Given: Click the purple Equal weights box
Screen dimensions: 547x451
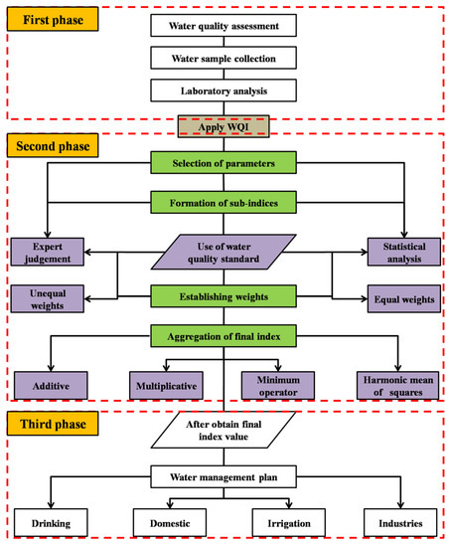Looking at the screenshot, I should (402, 296).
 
